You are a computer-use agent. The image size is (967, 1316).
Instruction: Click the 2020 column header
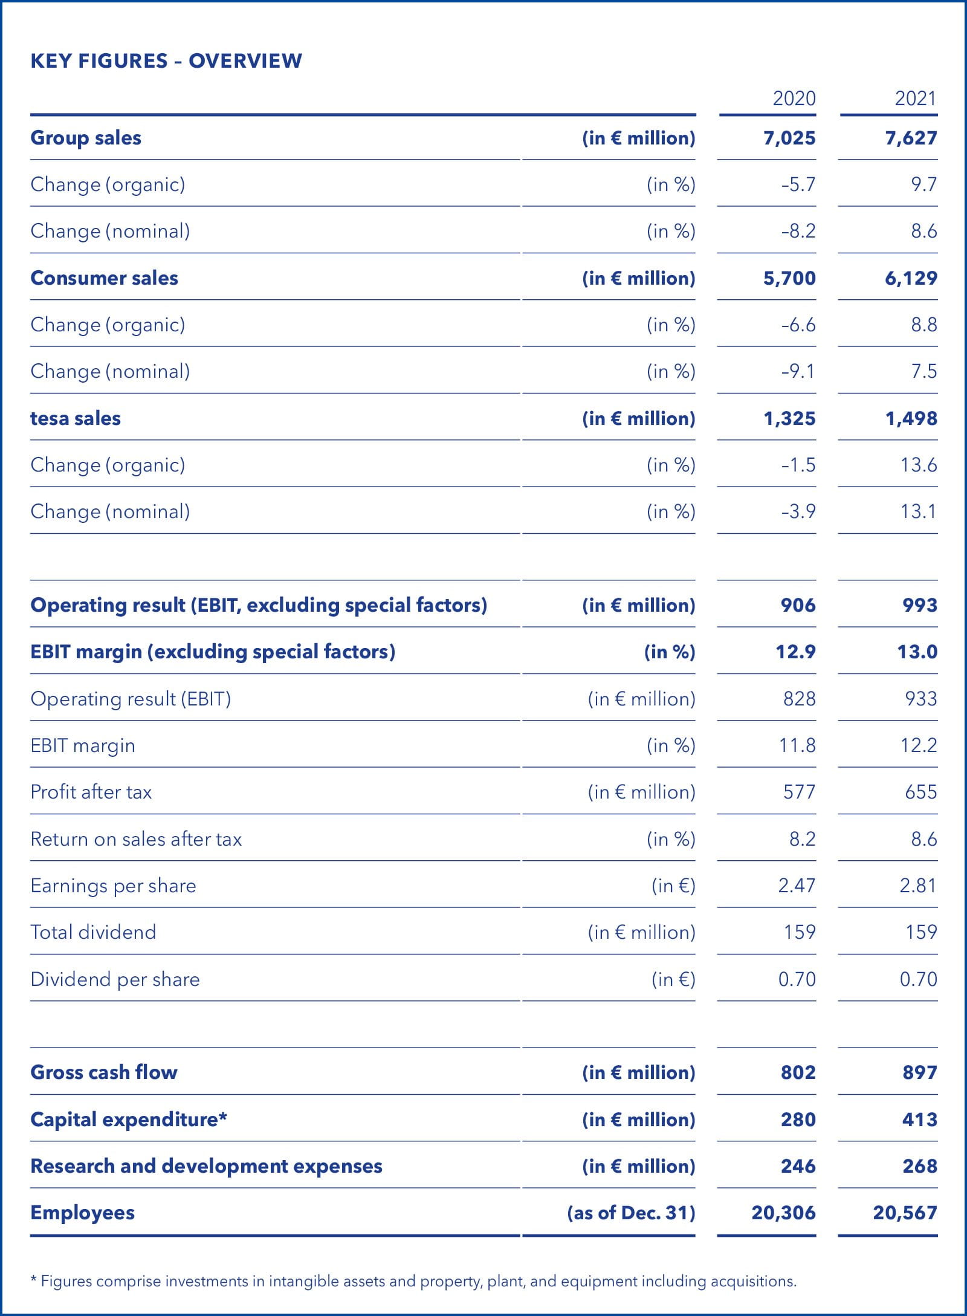[794, 98]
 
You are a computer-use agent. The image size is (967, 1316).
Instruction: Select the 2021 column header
[915, 98]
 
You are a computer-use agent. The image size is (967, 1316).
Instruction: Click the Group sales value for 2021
[911, 138]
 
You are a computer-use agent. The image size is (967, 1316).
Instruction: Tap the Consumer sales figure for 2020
[789, 278]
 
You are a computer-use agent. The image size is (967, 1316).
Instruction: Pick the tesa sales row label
[76, 418]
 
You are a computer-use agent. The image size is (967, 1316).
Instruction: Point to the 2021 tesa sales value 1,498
[911, 418]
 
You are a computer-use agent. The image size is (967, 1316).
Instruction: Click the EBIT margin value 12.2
[919, 745]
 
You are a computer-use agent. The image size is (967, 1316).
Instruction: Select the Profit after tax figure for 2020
[799, 792]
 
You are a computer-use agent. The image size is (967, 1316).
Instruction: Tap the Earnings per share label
[113, 886]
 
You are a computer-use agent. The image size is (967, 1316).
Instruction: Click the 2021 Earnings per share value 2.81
[917, 886]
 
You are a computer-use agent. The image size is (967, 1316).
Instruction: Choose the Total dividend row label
[93, 932]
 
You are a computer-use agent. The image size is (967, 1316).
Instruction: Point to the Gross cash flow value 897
[919, 1072]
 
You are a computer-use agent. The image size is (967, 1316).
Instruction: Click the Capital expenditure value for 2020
[798, 1120]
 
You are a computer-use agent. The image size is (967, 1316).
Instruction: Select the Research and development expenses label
[206, 1166]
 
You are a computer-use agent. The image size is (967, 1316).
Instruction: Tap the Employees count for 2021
[905, 1213]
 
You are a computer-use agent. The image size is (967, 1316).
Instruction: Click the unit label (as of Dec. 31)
[631, 1213]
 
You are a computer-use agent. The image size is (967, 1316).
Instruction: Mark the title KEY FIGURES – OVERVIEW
[166, 60]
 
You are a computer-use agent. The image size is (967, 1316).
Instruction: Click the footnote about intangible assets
[413, 1281]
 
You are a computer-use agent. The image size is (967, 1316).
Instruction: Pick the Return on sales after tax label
[136, 839]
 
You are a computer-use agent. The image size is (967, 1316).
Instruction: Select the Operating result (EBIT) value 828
[799, 699]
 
